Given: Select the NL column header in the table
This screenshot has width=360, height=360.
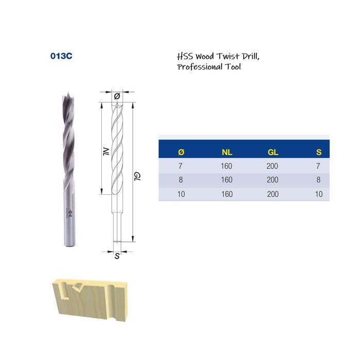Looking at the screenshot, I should point(227,152).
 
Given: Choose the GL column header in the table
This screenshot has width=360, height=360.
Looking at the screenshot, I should point(273,152).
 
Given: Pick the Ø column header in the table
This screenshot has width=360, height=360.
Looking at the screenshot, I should point(181,152).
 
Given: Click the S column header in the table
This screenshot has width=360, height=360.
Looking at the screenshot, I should point(319,152).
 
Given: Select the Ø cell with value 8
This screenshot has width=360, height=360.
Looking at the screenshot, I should point(181,180).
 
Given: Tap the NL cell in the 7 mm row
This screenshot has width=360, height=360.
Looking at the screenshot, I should point(227,166).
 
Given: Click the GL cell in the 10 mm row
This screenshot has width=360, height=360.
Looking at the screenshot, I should point(273,194).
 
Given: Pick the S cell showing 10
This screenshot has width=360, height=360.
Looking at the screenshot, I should point(319,194).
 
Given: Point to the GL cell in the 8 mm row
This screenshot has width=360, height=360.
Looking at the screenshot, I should point(273,180).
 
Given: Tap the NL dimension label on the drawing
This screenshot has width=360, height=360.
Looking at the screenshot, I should point(105,152).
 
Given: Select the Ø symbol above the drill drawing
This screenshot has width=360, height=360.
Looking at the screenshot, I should point(117,96).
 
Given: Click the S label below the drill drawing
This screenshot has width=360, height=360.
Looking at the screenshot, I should point(117,256).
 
